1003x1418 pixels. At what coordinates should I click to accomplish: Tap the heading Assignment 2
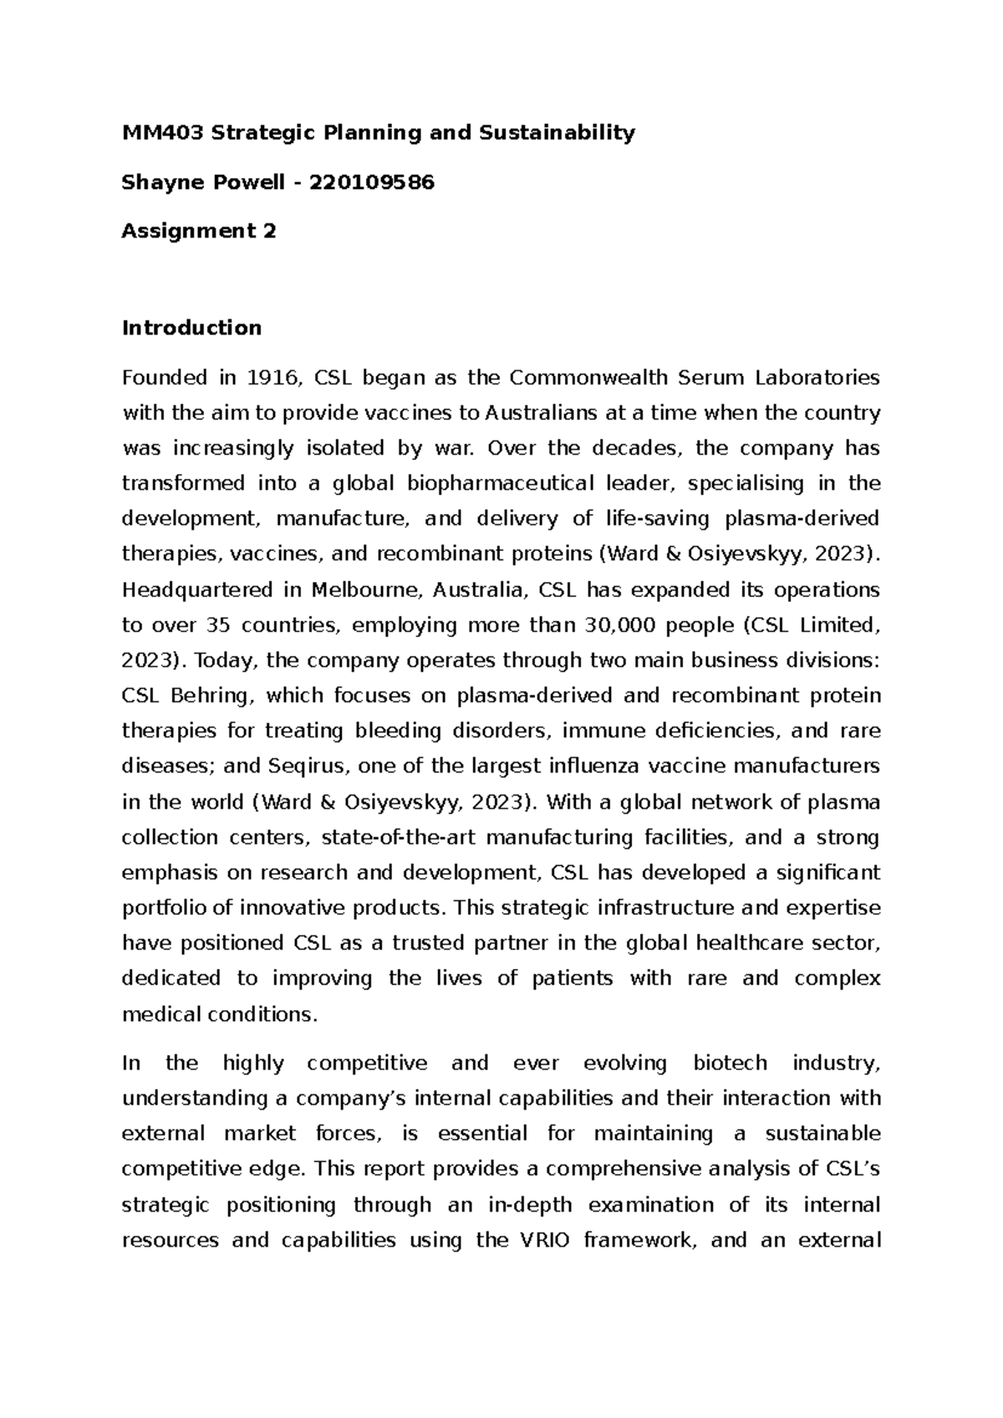click(x=198, y=231)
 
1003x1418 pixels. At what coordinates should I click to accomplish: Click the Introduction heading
click(x=191, y=328)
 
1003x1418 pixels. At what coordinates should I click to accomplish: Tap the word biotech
click(x=728, y=1063)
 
